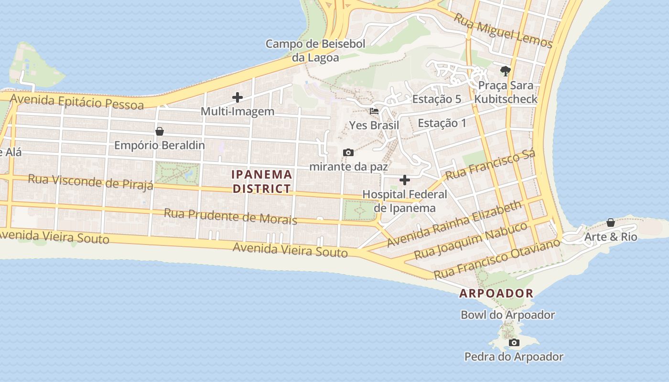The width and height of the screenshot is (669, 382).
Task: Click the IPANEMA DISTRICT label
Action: point(262,181)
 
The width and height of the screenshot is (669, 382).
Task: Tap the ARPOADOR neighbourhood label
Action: point(496,293)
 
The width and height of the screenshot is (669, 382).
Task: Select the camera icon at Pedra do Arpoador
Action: point(514,342)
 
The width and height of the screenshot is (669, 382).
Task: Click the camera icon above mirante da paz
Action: point(348,152)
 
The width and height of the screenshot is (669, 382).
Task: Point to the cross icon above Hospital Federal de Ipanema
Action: point(405,180)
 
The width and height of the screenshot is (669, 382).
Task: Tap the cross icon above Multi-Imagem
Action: point(237,97)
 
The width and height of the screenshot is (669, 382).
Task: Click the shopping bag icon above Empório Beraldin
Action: point(160,131)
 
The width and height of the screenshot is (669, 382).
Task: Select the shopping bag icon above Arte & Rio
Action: point(611,223)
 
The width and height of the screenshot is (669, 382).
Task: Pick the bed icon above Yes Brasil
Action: point(374,111)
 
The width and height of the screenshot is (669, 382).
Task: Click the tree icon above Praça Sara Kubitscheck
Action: point(506,72)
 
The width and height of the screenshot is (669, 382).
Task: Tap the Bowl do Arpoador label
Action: point(507,315)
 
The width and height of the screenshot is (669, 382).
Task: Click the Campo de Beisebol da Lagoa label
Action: point(315,51)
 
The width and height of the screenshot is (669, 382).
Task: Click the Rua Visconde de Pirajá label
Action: point(90,181)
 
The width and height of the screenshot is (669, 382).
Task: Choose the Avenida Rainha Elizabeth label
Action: point(454,223)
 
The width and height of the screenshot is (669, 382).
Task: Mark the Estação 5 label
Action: point(437,99)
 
